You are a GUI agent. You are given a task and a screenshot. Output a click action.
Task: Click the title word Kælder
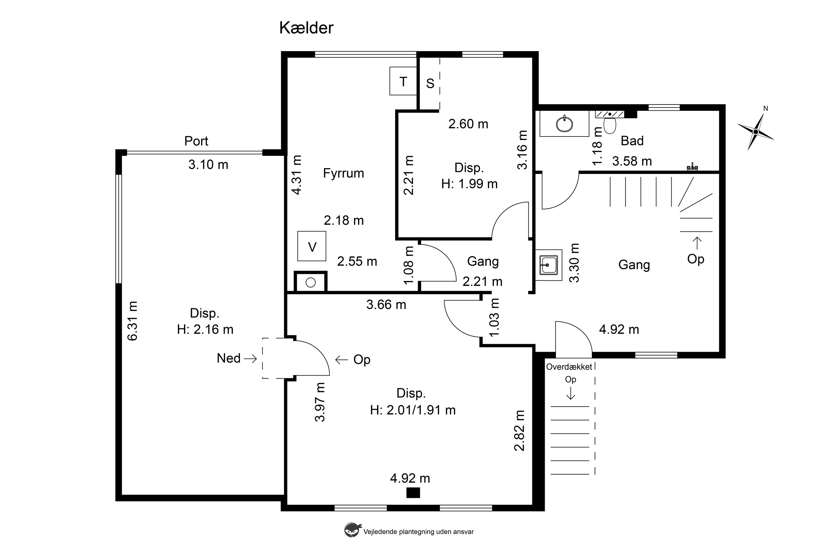[x=306, y=28]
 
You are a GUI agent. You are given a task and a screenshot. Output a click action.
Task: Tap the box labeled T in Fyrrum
[x=403, y=81]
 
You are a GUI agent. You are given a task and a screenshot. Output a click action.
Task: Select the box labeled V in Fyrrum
[x=312, y=246]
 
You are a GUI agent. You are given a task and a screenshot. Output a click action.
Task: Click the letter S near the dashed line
[x=430, y=83]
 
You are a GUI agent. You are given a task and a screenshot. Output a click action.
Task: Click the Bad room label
[x=632, y=141]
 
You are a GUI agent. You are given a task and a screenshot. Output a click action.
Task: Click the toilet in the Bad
[x=610, y=125]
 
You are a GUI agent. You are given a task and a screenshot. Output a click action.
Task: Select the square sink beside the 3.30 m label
[x=549, y=265]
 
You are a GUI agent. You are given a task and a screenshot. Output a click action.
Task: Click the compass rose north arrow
[x=756, y=131]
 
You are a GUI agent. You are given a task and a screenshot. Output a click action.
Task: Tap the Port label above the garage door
[x=196, y=141]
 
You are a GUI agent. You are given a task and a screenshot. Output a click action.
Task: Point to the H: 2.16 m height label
[x=205, y=329]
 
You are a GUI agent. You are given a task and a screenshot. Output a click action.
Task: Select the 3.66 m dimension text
[x=386, y=305]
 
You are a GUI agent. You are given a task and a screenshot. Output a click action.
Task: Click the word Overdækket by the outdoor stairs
[x=569, y=367]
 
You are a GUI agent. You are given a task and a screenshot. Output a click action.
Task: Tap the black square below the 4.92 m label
[x=413, y=493]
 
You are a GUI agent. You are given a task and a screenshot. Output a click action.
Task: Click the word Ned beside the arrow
[x=228, y=358]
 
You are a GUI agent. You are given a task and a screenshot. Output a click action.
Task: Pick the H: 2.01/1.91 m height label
[x=413, y=410]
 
